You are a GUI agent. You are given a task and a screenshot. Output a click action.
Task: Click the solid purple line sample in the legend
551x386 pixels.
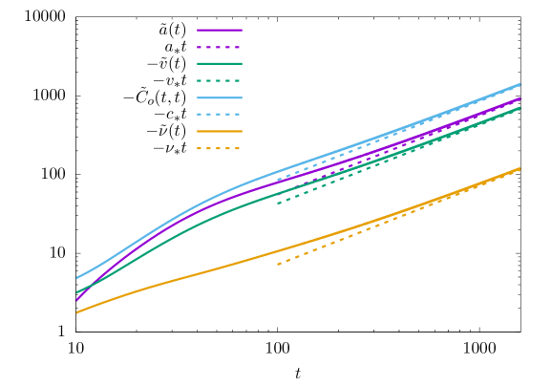click(220, 30)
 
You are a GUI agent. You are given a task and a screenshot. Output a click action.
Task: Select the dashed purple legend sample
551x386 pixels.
click(220, 47)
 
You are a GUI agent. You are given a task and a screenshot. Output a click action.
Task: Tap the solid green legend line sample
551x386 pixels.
click(220, 63)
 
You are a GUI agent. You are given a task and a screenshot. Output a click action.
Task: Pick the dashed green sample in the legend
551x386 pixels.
click(220, 80)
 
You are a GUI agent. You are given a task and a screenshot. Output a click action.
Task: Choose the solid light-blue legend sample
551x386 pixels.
click(220, 97)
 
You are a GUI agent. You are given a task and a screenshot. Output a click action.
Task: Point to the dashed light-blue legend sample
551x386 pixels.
click(220, 114)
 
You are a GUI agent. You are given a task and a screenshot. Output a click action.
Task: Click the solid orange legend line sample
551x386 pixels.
click(220, 131)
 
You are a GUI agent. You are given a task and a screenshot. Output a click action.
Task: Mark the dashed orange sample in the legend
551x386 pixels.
click(220, 148)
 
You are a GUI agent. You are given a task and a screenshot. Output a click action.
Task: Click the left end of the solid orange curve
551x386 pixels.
click(76, 312)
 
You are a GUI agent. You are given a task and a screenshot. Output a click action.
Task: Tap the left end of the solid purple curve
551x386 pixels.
click(76, 300)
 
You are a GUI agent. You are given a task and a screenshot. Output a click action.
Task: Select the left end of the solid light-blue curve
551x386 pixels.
click(76, 279)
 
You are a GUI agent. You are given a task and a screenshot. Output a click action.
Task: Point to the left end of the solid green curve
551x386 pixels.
click(76, 292)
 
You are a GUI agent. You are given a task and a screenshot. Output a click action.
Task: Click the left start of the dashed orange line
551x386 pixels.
click(278, 264)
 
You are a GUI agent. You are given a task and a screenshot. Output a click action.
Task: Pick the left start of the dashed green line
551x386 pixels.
click(278, 204)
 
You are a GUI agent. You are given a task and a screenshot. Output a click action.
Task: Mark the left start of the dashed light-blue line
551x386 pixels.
click(278, 180)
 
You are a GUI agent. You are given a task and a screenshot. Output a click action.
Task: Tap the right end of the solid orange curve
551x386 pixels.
click(519, 169)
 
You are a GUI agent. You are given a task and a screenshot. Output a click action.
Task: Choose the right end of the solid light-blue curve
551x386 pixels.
click(520, 84)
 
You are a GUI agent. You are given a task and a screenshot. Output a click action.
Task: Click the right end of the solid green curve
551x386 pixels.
click(520, 107)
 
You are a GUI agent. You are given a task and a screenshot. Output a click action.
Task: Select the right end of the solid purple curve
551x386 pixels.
click(520, 97)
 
